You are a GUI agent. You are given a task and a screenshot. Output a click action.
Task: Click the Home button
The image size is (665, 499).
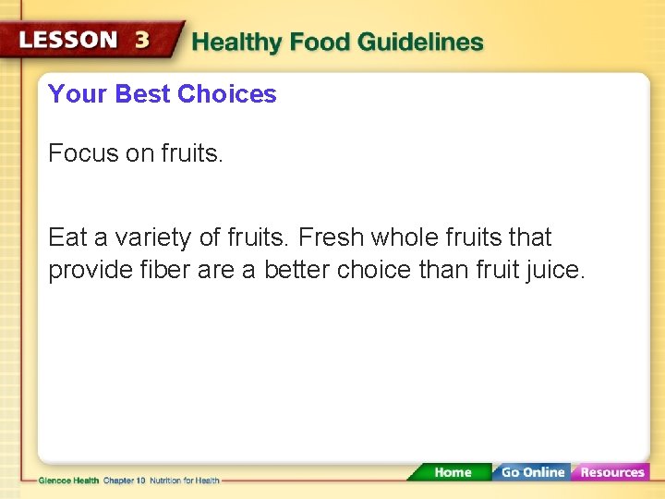click(x=452, y=472)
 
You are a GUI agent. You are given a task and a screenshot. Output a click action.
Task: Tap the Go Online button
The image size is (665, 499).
click(x=532, y=472)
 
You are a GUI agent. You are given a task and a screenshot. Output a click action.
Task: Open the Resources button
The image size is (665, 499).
click(x=611, y=472)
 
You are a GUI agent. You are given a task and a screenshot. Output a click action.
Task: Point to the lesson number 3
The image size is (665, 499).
click(x=142, y=41)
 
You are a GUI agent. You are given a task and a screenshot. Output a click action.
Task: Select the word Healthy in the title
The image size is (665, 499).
click(x=237, y=43)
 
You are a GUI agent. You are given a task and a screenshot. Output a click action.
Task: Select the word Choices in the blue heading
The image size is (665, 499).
click(x=226, y=94)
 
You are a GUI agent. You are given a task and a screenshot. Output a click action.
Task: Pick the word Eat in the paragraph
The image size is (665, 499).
click(x=67, y=238)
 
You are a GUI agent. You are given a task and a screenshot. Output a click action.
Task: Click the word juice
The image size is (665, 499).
click(x=557, y=272)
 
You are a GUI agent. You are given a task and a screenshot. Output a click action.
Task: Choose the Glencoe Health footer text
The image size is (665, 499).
click(x=68, y=481)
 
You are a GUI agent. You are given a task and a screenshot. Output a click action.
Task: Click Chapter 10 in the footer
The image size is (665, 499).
click(x=125, y=481)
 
